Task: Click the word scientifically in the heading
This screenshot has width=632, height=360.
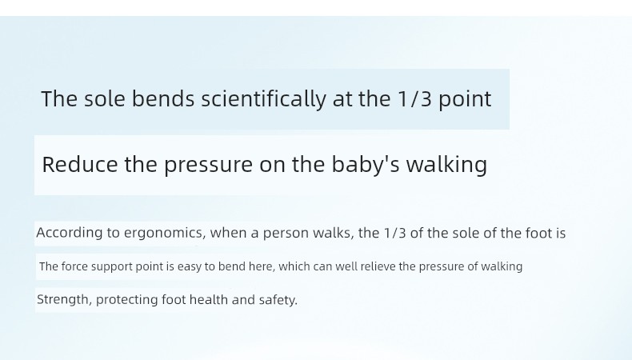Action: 263,99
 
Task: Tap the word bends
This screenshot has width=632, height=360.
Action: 163,98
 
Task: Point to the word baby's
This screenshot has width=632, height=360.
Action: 366,166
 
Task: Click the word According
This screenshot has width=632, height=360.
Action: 70,233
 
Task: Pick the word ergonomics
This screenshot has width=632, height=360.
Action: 165,234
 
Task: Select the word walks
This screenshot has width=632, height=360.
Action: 334,233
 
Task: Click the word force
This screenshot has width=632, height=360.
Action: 74,266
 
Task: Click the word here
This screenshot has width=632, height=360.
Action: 262,266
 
